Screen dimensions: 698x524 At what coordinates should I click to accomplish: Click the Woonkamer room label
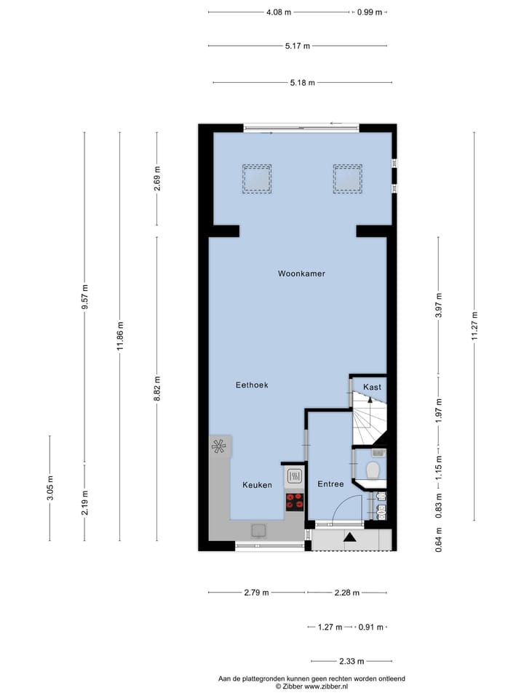[x=301, y=274]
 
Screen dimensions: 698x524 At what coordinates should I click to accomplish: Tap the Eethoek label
[x=252, y=385]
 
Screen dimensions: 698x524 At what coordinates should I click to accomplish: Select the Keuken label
[x=257, y=485]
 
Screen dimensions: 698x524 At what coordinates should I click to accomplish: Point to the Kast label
[x=372, y=387]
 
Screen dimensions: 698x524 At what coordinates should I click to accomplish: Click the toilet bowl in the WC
[x=375, y=470]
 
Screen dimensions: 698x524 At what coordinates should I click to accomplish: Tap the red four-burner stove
[x=295, y=500]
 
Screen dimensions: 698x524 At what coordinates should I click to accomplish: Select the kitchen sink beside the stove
[x=295, y=476]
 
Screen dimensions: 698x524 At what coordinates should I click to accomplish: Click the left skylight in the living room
[x=257, y=178]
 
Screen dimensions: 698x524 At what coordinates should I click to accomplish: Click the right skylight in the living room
[x=348, y=178]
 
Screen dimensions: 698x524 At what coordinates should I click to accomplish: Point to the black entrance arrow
[x=349, y=538]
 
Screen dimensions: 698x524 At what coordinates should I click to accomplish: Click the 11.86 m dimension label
[x=121, y=336]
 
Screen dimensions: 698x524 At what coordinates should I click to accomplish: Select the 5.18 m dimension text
[x=302, y=83]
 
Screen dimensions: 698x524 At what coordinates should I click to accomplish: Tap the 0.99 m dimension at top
[x=370, y=12]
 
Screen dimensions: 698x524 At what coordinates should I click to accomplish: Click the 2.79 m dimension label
[x=257, y=593]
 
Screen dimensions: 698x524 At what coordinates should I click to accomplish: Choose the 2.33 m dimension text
[x=352, y=662]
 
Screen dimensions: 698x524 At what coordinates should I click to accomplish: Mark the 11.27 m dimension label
[x=475, y=325]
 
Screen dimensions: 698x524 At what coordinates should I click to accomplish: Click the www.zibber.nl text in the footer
[x=326, y=686]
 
